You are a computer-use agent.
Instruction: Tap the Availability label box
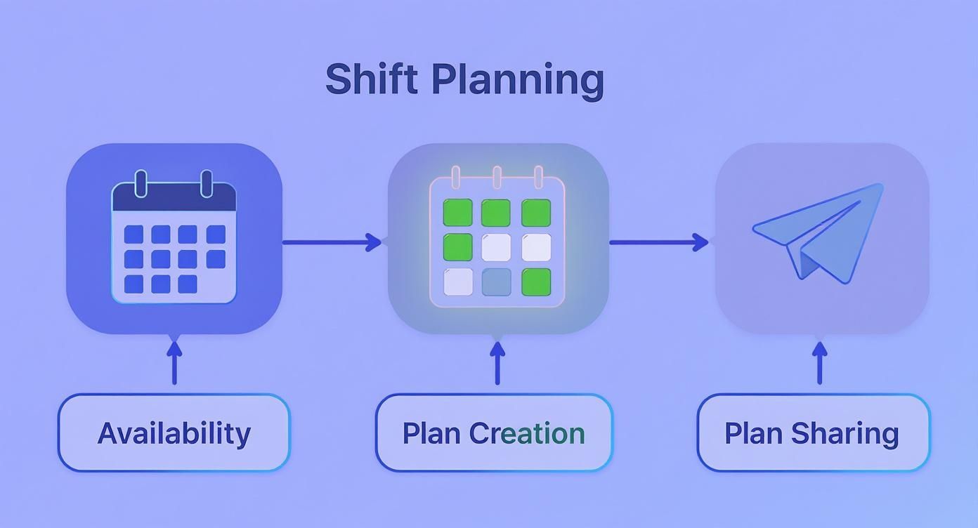pos(174,433)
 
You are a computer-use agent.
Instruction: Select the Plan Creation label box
pos(494,433)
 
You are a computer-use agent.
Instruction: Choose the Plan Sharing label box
pos(814,433)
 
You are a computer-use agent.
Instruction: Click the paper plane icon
pos(818,233)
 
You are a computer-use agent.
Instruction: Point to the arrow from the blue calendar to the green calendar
pos(332,242)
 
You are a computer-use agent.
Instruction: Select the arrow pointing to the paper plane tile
pos(658,242)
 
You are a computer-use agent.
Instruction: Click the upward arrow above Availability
pos(175,362)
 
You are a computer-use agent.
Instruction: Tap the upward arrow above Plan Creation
pos(497,362)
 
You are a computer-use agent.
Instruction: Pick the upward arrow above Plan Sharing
pos(819,362)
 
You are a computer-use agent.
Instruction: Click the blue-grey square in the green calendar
pos(497,282)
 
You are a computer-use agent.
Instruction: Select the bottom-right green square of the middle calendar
pos(536,282)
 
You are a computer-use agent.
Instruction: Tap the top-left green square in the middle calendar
pos(457,213)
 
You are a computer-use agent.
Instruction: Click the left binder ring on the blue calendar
pos(141,184)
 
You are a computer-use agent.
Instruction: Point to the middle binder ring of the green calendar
pos(497,177)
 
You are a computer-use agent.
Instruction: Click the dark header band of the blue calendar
pos(174,197)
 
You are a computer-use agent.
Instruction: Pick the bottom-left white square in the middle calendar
pos(458,282)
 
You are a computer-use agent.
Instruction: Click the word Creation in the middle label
pos(527,433)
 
